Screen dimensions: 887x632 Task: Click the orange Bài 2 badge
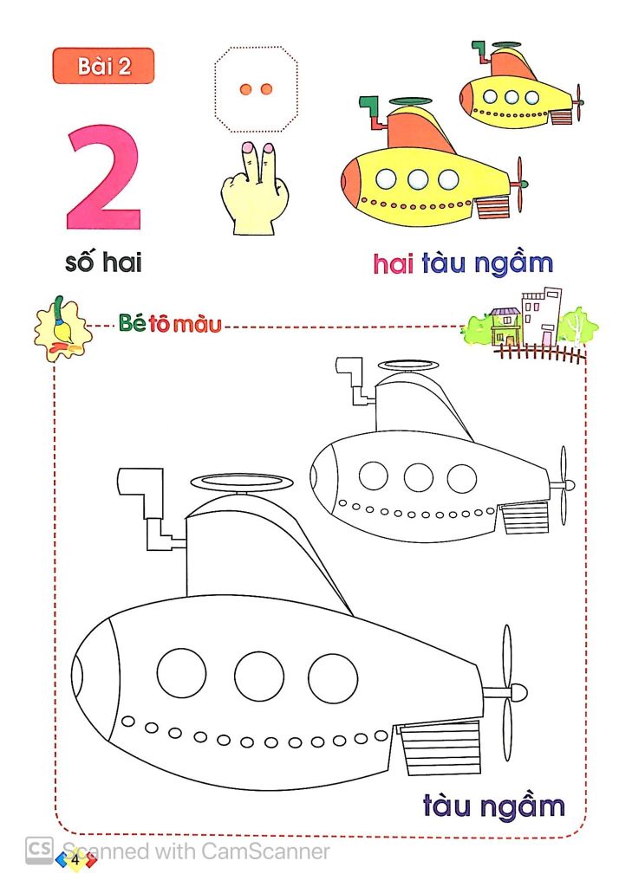point(103,66)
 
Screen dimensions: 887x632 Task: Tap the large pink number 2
point(104,177)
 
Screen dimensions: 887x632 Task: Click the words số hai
point(103,261)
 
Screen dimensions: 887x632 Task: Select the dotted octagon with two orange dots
point(256,88)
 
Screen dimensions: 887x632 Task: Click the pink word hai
point(393,263)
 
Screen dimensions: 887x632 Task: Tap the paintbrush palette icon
point(62,327)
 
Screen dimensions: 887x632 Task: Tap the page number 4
point(76,860)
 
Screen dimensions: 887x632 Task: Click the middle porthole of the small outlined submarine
point(419,477)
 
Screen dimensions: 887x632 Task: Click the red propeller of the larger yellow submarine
point(520,184)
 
